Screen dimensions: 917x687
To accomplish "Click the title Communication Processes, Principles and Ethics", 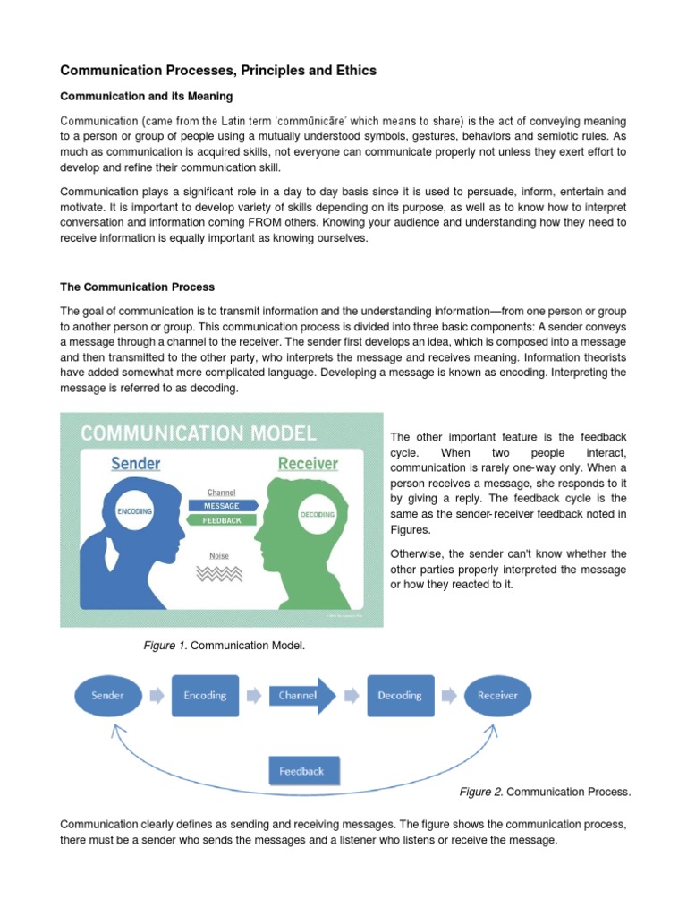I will coord(218,70).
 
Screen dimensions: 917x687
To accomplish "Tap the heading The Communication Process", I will coord(137,287).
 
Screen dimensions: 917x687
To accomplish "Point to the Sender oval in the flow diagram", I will coord(106,695).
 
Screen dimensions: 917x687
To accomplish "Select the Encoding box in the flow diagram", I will coord(205,695).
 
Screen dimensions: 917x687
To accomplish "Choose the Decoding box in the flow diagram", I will coord(400,695).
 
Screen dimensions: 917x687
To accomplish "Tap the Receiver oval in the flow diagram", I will coord(497,695).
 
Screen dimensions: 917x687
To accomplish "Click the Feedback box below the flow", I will coord(301,771).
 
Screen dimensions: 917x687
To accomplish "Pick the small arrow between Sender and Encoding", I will coord(156,695).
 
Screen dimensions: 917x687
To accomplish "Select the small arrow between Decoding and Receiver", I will coord(449,695).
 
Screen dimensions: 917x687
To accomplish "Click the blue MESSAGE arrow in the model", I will coord(222,506).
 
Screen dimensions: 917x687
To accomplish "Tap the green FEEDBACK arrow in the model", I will coord(222,520).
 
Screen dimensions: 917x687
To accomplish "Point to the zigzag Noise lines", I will coord(219,574).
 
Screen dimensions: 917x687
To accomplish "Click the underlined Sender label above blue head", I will coord(136,463).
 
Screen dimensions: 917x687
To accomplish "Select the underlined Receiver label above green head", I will coord(308,463).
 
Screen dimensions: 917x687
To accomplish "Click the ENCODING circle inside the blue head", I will coord(134,511).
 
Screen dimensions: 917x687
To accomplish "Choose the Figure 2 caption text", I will coord(545,792).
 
